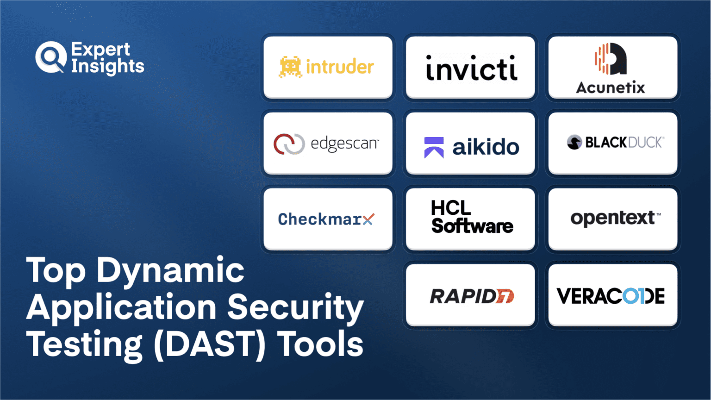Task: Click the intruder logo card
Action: point(328,67)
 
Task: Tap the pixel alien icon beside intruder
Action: point(290,67)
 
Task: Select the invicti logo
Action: point(471,69)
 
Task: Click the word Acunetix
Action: point(610,87)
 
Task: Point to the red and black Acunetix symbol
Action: point(611,59)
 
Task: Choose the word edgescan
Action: point(344,144)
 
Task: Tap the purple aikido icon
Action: point(434,147)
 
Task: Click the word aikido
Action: point(486,147)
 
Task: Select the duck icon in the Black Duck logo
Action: point(574,142)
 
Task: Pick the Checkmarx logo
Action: point(326,219)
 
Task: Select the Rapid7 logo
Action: point(471,296)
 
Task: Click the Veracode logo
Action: point(611,296)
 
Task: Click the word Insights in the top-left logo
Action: point(107,66)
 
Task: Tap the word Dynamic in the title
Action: point(170,271)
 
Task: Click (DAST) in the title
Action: point(210,344)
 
